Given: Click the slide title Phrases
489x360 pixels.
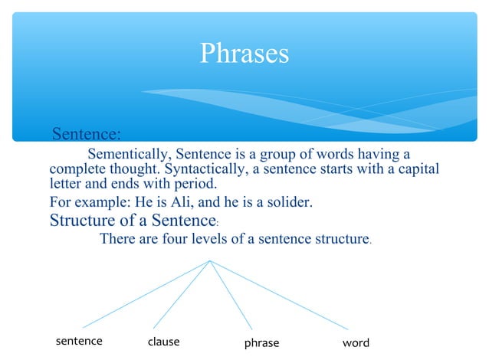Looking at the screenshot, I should point(244,53).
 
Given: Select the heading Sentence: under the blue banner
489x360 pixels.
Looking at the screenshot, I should point(86,136).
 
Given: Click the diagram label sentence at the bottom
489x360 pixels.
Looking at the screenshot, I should point(79,342).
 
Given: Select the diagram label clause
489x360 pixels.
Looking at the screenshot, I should point(163,342).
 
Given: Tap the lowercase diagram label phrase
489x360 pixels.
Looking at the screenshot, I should point(261,343).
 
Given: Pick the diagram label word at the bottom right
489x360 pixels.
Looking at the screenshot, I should point(356,342).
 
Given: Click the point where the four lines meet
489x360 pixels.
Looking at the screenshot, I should point(210,260).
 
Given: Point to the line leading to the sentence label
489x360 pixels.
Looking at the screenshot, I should point(146,294).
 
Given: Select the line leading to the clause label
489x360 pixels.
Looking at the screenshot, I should point(182,294).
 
